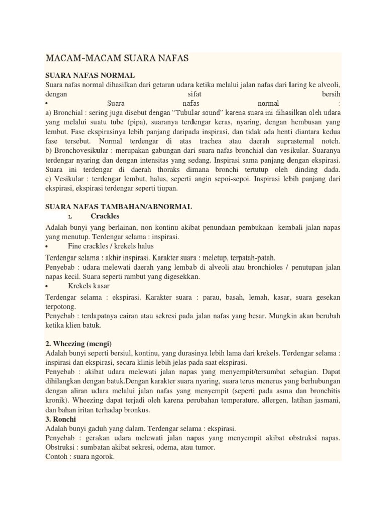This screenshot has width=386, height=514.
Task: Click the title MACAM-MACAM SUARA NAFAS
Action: pyautogui.click(x=117, y=59)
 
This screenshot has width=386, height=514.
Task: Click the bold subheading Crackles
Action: pyautogui.click(x=105, y=216)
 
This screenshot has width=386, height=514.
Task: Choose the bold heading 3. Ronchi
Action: pyautogui.click(x=62, y=419)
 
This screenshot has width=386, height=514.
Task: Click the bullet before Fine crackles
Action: pyautogui.click(x=47, y=247)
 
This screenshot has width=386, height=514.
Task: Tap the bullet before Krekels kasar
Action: pyautogui.click(x=47, y=286)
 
